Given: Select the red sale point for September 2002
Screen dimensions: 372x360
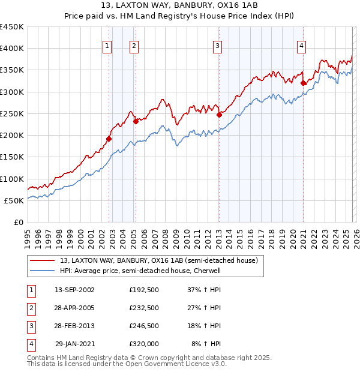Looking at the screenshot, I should point(109,139).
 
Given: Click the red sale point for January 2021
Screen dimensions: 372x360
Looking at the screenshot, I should point(304,83).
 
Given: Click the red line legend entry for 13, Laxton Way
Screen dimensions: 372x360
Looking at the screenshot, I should point(159,260).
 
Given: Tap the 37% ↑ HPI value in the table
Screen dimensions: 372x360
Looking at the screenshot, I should point(204,290).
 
